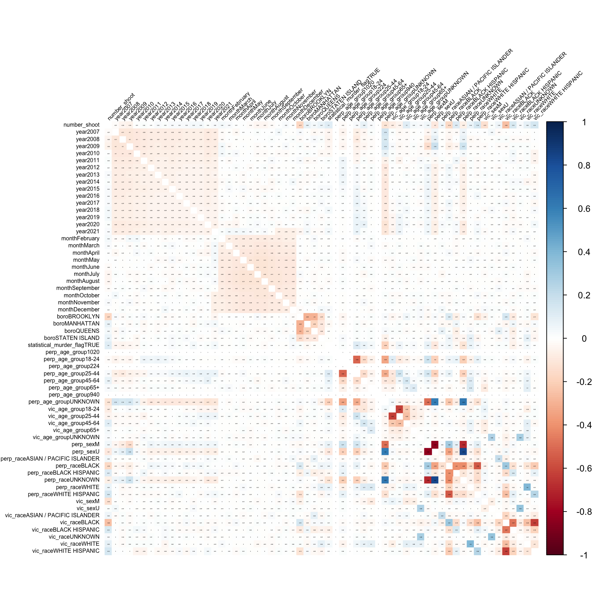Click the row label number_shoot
81,125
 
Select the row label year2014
88,182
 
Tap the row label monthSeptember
78,288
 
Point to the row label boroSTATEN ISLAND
72,338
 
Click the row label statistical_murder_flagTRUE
64,345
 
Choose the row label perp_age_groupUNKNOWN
64,402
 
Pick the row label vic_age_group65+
76,430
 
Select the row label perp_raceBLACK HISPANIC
63,473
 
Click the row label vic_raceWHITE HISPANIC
66,551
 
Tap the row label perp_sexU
86,452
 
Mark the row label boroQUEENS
82,331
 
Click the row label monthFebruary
80,239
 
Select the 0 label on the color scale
584,338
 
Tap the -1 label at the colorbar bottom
584,556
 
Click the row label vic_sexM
88,501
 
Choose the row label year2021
88,232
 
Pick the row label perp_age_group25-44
71,374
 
